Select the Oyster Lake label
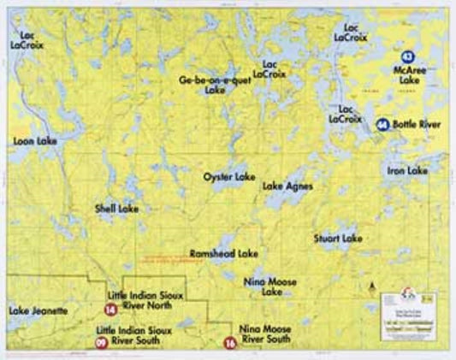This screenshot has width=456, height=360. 228,176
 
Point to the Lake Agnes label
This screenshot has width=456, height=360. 287,186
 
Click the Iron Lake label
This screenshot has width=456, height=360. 406,171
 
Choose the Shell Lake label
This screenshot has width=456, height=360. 117,208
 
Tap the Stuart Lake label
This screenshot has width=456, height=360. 338,238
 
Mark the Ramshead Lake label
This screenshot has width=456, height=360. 224,254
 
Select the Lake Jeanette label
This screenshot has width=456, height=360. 38,310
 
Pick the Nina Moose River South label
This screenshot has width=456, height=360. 265,333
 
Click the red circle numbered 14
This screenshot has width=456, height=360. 110,310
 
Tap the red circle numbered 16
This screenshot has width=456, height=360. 228,343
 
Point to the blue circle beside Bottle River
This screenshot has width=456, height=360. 382,125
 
